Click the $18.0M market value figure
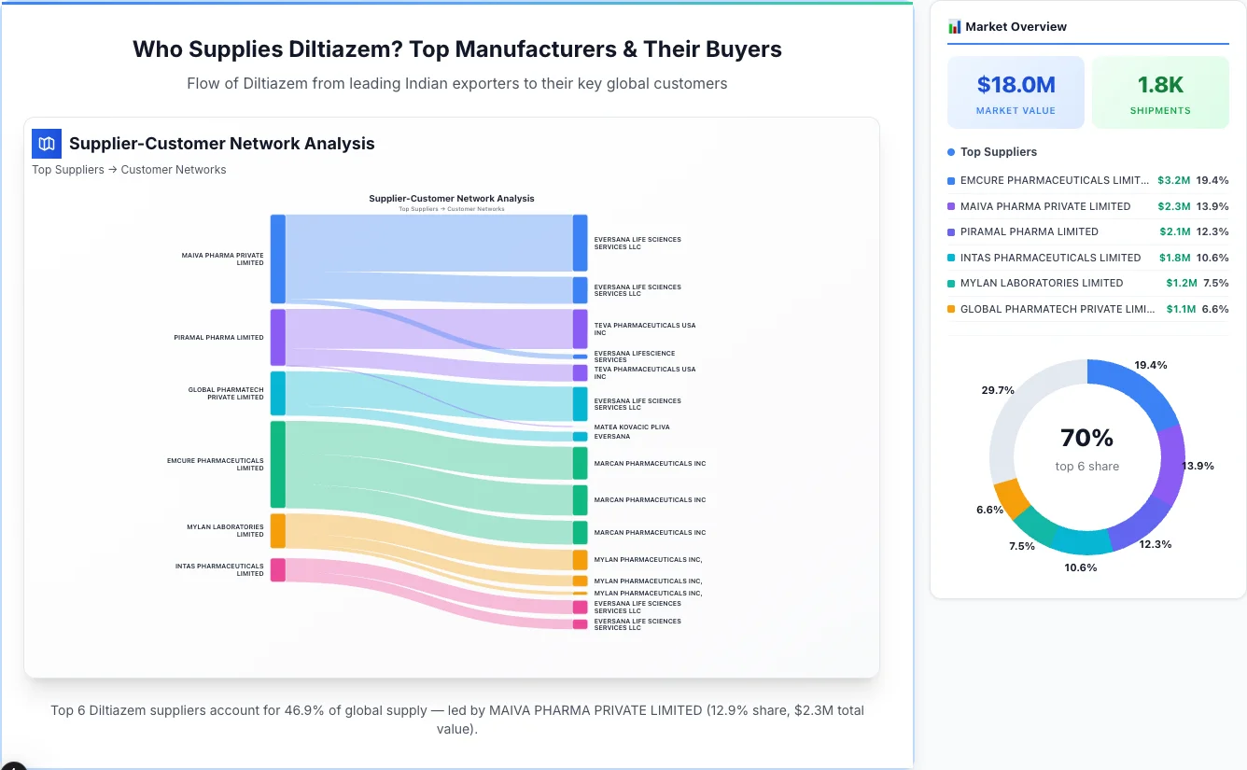click(x=1016, y=85)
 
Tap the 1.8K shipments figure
click(x=1160, y=85)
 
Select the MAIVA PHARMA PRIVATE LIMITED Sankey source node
click(x=278, y=259)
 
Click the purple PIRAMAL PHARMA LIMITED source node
click(x=278, y=337)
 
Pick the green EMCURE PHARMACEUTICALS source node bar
click(x=278, y=464)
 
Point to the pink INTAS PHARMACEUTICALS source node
click(x=278, y=569)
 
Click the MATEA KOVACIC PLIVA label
click(x=631, y=427)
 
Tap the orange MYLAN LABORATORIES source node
click(x=278, y=530)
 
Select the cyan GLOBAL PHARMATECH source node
click(x=278, y=393)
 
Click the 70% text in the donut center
click(x=1086, y=438)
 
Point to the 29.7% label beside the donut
click(x=998, y=390)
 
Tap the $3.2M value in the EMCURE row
click(x=1173, y=180)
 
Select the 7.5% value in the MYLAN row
click(x=1215, y=283)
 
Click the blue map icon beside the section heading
click(x=46, y=144)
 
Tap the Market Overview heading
click(x=1016, y=27)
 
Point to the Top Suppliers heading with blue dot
click(x=998, y=152)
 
